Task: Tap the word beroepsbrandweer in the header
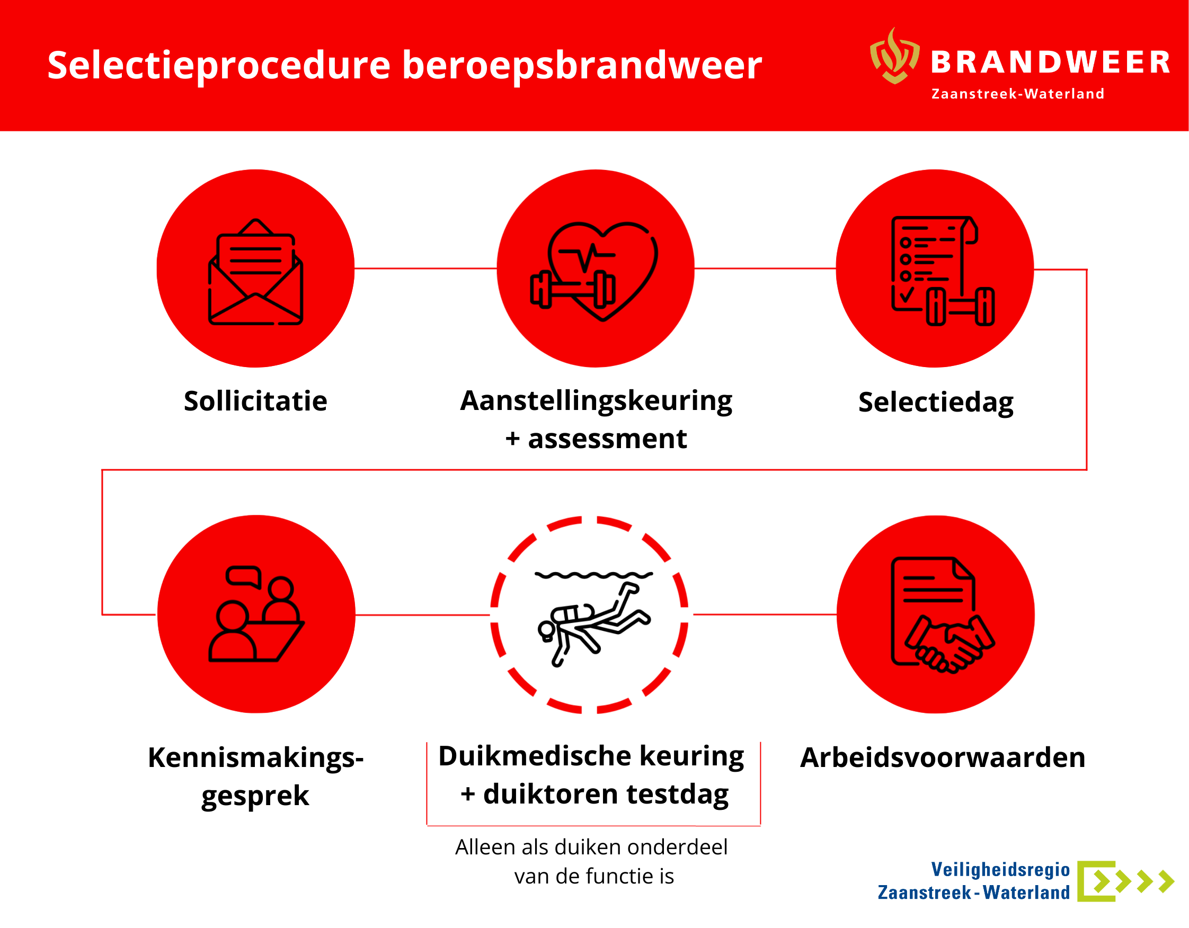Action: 582,65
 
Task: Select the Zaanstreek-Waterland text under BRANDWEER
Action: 1017,94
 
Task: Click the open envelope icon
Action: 255,272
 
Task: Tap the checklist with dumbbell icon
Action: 942,271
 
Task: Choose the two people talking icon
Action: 256,614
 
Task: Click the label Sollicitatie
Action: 255,401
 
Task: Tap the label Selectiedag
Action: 936,403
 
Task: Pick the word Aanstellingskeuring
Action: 596,401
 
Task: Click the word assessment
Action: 607,439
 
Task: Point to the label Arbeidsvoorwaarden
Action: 943,757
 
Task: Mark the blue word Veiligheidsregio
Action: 1000,870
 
